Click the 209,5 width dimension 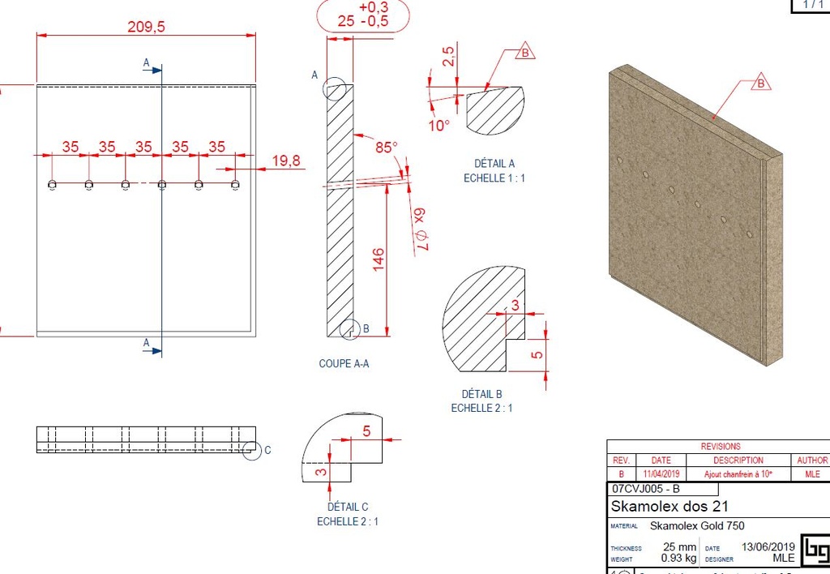point(146,27)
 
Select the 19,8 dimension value point(285,161)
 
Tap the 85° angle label point(386,148)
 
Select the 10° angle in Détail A point(439,126)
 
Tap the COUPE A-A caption point(344,364)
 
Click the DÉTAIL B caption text point(481,394)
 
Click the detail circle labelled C point(252,450)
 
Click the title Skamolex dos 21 point(670,506)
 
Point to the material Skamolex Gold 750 point(697,526)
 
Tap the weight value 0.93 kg point(679,558)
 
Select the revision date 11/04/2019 point(661,473)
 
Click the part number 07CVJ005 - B point(646,489)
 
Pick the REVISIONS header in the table point(720,446)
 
